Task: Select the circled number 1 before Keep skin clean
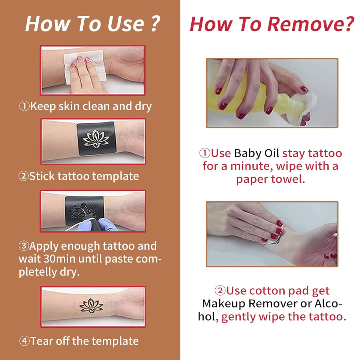(24, 106)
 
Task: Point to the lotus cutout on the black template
(96, 138)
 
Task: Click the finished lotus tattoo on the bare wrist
(91, 305)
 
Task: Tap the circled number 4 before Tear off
(24, 341)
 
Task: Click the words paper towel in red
(270, 179)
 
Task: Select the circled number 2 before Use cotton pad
(220, 291)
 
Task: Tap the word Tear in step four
(41, 341)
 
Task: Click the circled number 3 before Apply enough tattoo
(24, 246)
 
